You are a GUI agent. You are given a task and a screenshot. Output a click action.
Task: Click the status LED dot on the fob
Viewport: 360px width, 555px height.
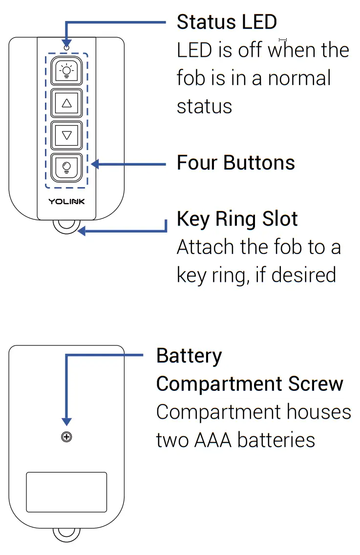point(66,48)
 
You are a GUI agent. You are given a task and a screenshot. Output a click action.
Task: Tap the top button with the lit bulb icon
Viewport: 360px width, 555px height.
point(67,72)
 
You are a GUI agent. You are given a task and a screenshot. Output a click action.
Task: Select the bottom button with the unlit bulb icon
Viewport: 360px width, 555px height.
point(67,168)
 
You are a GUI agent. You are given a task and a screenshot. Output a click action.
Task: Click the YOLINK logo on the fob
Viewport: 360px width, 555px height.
point(66,201)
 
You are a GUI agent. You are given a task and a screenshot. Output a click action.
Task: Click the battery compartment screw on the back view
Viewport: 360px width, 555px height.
point(67,437)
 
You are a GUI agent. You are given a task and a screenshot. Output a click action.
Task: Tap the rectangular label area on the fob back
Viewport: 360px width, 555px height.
point(66,492)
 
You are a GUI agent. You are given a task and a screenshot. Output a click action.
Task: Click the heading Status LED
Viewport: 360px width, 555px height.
point(227,22)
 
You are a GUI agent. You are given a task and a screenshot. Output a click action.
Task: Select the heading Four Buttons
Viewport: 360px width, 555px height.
point(235,163)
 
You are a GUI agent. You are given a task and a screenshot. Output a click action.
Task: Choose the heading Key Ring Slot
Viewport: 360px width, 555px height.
point(237,219)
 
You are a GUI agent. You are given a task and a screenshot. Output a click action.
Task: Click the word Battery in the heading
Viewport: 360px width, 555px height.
point(189,356)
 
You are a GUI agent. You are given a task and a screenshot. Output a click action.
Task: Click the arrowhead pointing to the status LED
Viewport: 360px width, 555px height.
point(66,43)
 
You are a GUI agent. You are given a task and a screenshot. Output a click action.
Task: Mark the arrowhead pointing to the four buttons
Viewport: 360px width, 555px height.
point(95,164)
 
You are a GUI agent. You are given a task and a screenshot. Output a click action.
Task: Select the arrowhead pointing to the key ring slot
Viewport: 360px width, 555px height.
point(82,231)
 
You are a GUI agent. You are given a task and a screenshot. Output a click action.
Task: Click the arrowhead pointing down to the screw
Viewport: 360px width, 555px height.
point(67,422)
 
